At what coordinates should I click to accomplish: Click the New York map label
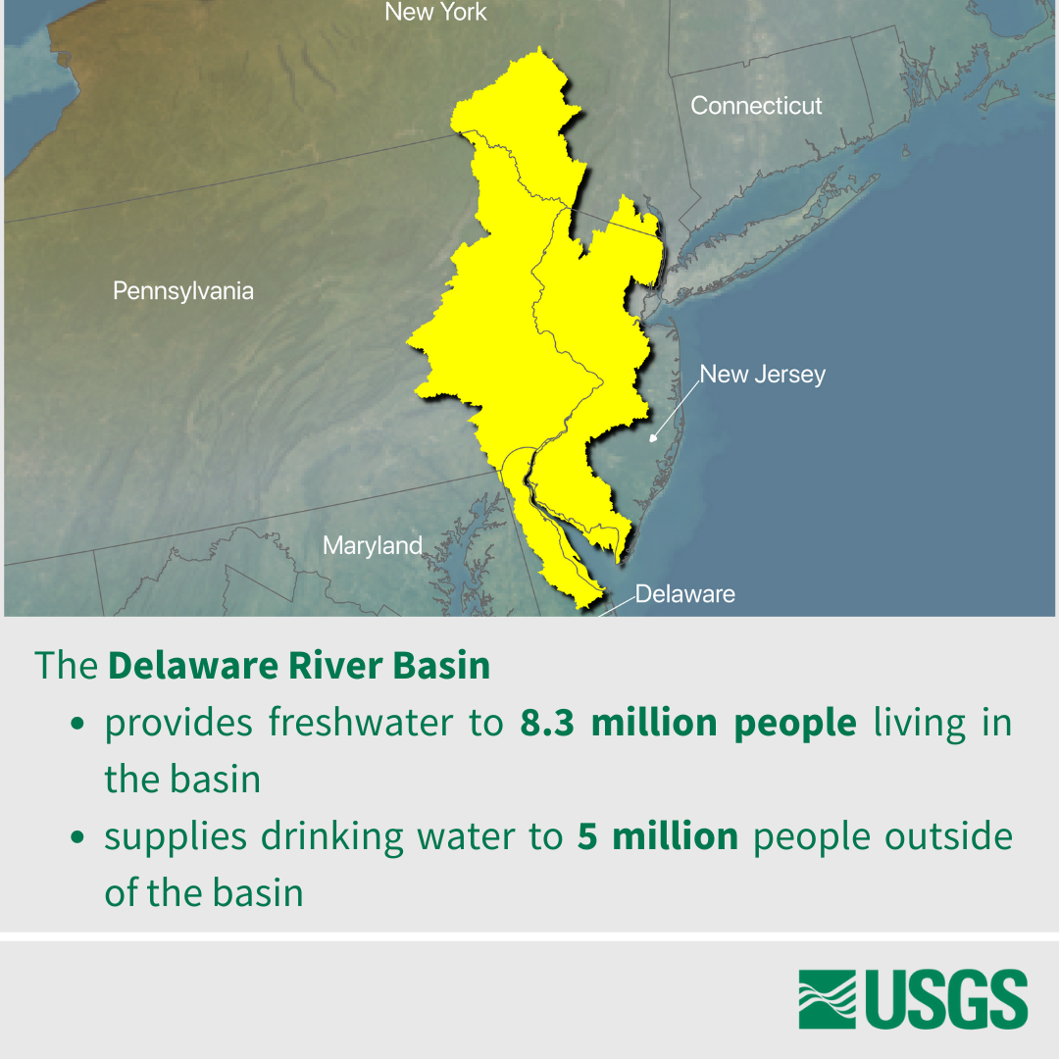click(x=435, y=13)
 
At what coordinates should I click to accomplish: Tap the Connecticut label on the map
click(x=756, y=106)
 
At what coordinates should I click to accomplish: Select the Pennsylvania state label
click(x=183, y=291)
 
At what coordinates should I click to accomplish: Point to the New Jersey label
click(x=763, y=375)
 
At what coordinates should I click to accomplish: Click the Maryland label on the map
click(x=373, y=546)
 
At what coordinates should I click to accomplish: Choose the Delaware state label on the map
click(x=684, y=594)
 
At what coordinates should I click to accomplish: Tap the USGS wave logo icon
click(x=828, y=999)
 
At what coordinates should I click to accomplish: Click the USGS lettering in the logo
click(x=945, y=999)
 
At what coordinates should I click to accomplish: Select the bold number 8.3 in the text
click(x=549, y=724)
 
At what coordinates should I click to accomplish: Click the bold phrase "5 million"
click(x=657, y=836)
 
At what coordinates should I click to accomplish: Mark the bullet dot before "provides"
click(x=77, y=726)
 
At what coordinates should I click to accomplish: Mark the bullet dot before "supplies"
click(x=77, y=838)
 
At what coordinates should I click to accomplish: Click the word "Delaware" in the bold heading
click(x=193, y=666)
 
